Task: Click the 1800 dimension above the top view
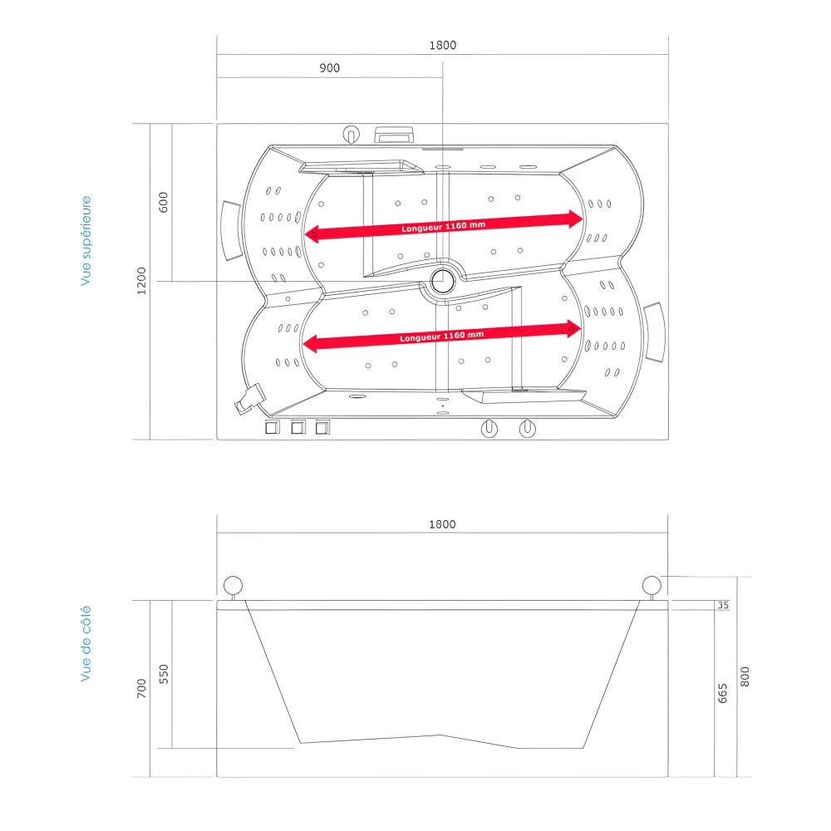443,46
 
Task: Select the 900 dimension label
330,68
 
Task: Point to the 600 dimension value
164,201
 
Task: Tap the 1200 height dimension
142,281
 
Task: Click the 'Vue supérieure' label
86,241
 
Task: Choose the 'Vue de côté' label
86,644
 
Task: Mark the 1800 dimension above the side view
443,524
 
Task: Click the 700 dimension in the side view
142,688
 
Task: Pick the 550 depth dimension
164,673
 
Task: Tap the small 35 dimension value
722,605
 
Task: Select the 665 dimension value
722,692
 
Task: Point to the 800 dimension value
745,677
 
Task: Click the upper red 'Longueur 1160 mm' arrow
444,226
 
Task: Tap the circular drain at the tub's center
443,280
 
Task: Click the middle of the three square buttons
297,428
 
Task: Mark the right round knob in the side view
652,585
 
